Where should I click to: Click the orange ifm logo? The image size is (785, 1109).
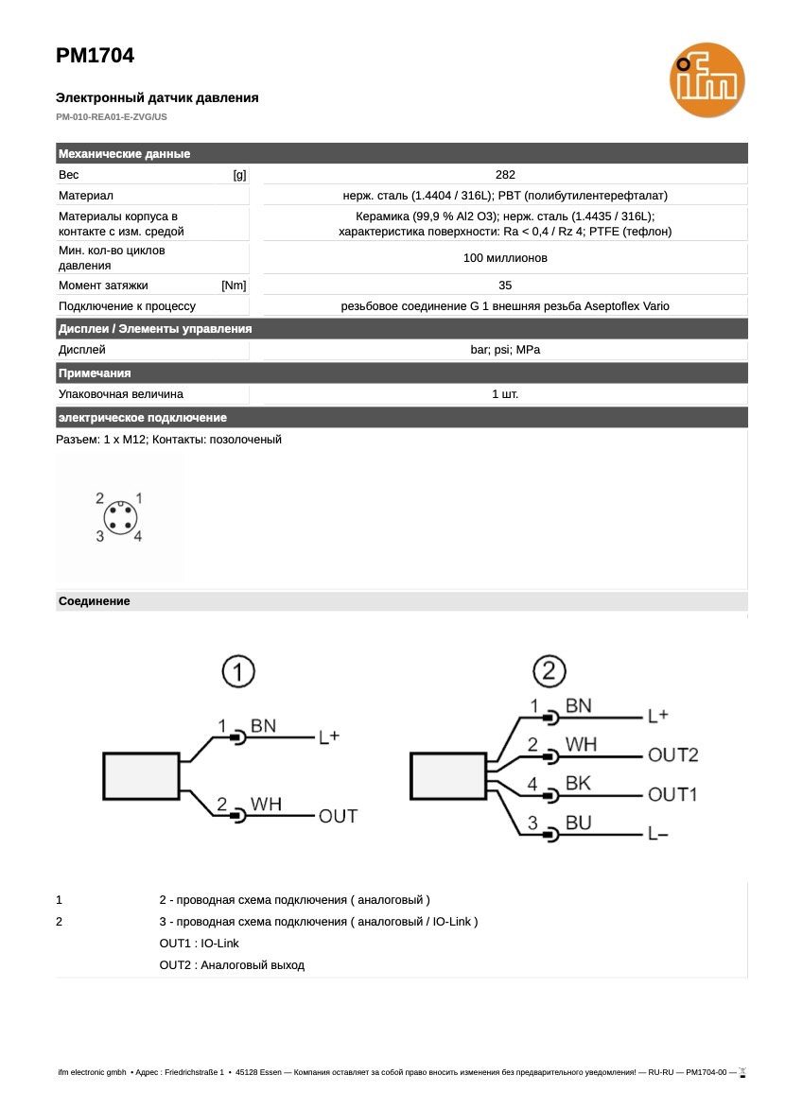tap(706, 83)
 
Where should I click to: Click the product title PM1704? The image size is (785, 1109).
tap(95, 56)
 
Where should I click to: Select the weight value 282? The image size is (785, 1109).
tap(505, 175)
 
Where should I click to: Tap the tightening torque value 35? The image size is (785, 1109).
tap(505, 285)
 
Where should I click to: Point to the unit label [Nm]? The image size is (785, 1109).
tap(234, 285)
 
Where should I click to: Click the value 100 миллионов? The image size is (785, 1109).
tap(505, 258)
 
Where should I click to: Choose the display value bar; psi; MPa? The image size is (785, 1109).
tap(505, 350)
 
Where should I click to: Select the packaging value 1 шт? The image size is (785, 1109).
tap(505, 393)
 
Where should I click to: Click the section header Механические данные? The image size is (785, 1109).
tap(124, 154)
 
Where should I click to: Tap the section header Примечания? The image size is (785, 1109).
tap(95, 373)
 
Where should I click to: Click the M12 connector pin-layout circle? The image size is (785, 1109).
tap(119, 517)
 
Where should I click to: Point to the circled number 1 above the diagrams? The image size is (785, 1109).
tap(239, 673)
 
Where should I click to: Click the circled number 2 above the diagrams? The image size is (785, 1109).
tap(549, 673)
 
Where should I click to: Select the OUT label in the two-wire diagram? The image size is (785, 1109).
tap(338, 816)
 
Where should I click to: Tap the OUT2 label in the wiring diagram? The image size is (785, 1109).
tap(673, 754)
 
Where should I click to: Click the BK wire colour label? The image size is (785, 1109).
tap(578, 784)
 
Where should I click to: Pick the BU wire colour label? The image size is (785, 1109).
tap(578, 823)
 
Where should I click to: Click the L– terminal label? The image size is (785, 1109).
tap(658, 834)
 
